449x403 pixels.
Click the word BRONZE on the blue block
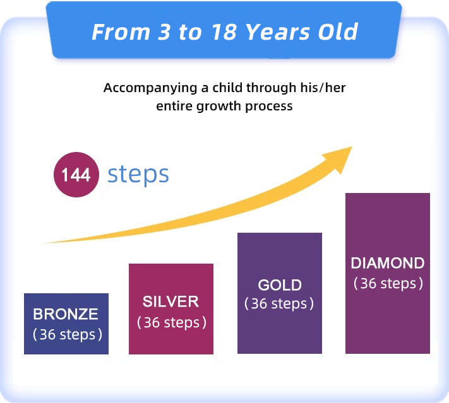click(66, 314)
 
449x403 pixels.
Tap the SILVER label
click(171, 301)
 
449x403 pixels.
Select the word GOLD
click(280, 285)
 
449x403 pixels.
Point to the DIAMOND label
click(388, 263)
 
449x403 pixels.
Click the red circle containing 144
click(76, 175)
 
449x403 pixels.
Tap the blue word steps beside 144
click(138, 175)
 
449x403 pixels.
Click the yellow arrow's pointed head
click(352, 147)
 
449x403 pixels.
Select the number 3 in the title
click(164, 32)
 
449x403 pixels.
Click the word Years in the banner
click(278, 32)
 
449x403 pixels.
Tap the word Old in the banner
click(338, 32)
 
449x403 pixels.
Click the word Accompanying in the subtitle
click(150, 88)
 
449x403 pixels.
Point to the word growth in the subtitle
click(219, 107)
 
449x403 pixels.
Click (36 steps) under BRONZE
click(68, 334)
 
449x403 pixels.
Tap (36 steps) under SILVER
click(172, 322)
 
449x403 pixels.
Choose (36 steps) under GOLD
click(279, 303)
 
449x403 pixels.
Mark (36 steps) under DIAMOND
click(388, 283)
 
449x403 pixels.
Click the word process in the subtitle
click(269, 107)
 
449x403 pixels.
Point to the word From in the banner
click(121, 32)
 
